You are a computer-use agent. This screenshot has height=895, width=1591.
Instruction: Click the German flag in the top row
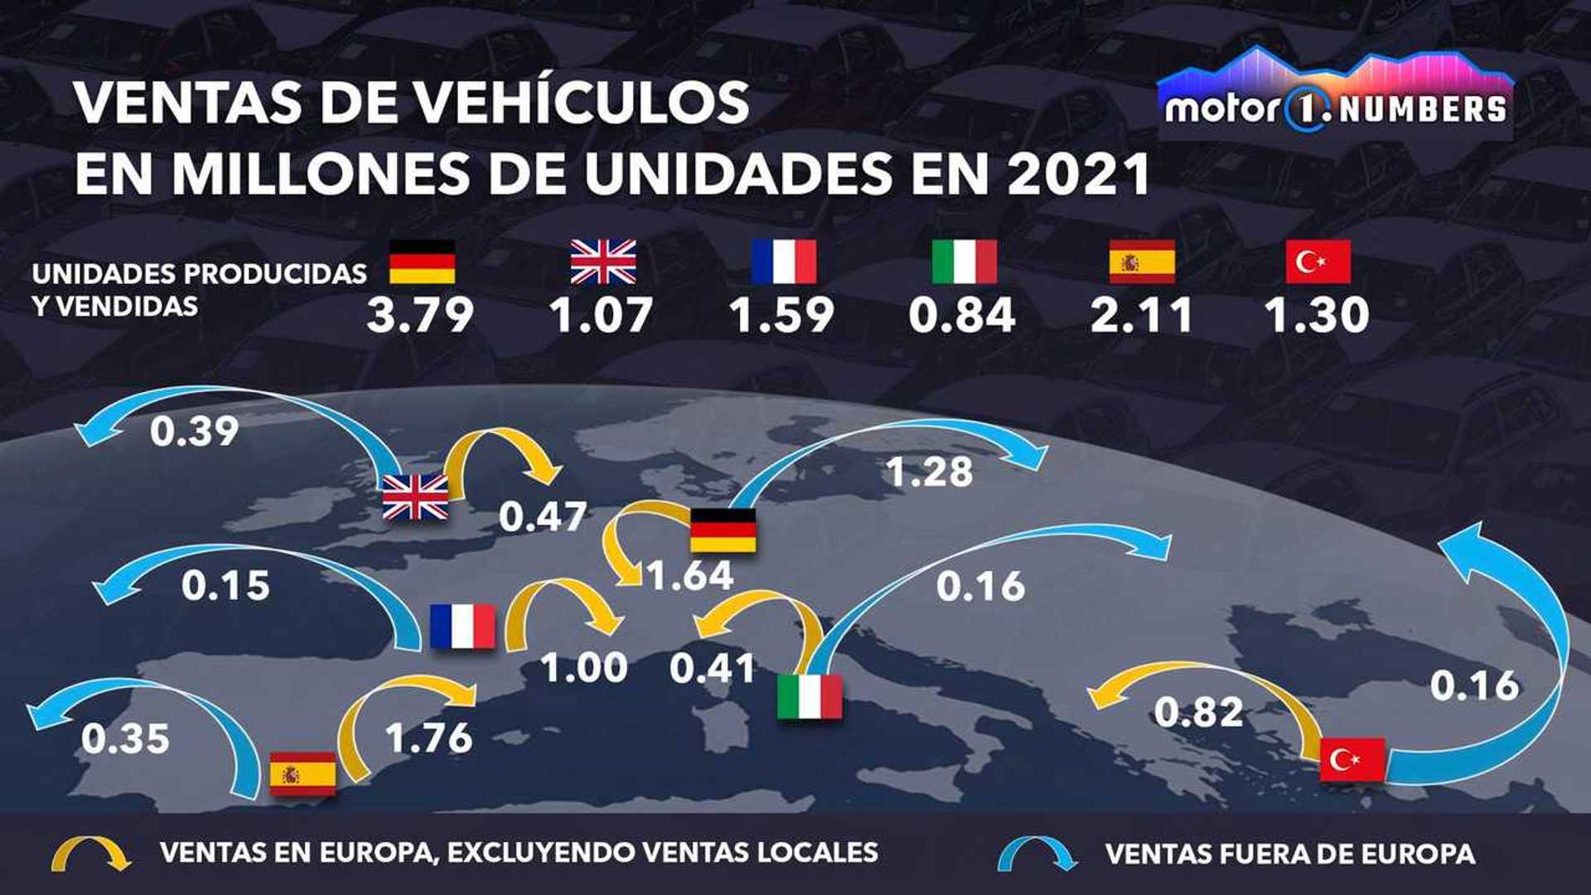click(x=422, y=262)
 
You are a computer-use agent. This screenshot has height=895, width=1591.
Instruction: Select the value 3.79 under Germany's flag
click(x=419, y=315)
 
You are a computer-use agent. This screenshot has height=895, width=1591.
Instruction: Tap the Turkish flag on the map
click(x=1352, y=759)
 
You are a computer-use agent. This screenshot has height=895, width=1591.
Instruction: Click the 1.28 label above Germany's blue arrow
click(x=929, y=472)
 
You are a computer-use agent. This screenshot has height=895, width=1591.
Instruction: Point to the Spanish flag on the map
click(x=302, y=774)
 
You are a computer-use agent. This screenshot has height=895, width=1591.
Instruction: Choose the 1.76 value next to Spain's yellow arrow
click(x=428, y=738)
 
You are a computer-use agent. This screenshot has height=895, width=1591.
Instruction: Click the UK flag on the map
click(x=415, y=497)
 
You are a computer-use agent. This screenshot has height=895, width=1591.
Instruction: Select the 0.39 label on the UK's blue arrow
click(x=194, y=431)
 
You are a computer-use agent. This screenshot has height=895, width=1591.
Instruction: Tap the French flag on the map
click(x=462, y=626)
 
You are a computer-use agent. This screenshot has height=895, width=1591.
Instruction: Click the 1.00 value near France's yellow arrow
click(x=584, y=668)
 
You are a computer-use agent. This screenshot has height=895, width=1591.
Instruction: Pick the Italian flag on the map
click(x=810, y=697)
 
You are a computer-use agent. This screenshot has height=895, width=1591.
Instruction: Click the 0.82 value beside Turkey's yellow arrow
click(x=1198, y=712)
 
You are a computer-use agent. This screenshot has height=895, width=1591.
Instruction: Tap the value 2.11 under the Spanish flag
click(x=1141, y=315)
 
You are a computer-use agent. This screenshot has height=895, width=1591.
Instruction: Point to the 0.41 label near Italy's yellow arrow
click(x=713, y=668)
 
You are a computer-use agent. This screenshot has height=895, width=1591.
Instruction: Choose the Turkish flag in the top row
click(x=1318, y=262)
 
